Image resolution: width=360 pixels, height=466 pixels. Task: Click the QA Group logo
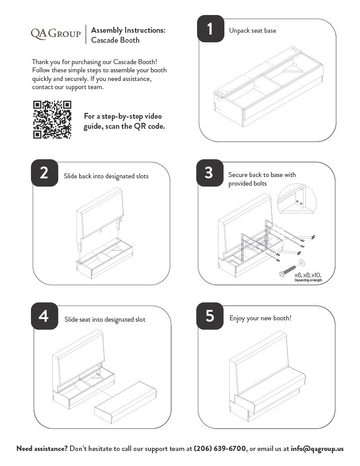click(x=56, y=33)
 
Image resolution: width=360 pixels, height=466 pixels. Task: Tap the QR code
click(x=52, y=120)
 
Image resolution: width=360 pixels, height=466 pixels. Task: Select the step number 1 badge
click(x=210, y=29)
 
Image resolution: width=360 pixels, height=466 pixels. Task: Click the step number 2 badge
click(x=44, y=173)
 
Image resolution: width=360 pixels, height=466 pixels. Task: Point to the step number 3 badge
click(x=209, y=172)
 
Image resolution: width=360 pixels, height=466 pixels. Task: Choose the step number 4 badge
click(x=44, y=316)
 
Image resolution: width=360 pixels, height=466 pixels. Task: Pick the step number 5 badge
click(x=209, y=316)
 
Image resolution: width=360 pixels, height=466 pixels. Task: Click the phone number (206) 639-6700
click(x=220, y=448)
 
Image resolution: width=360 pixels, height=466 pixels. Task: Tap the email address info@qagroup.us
click(x=317, y=448)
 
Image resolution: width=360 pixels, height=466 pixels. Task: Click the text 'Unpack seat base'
click(x=253, y=30)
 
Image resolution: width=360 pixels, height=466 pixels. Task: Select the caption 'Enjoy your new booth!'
click(x=260, y=318)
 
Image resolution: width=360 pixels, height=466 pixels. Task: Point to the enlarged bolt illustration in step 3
click(x=288, y=271)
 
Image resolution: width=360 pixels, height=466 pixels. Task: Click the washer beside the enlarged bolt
click(x=303, y=263)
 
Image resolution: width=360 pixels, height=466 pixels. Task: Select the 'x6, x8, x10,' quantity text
click(x=308, y=275)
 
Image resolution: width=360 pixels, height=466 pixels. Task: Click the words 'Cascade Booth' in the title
click(x=115, y=40)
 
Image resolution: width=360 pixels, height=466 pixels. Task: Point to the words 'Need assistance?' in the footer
click(x=42, y=448)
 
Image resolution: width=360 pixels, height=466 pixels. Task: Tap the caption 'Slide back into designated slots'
click(x=106, y=176)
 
